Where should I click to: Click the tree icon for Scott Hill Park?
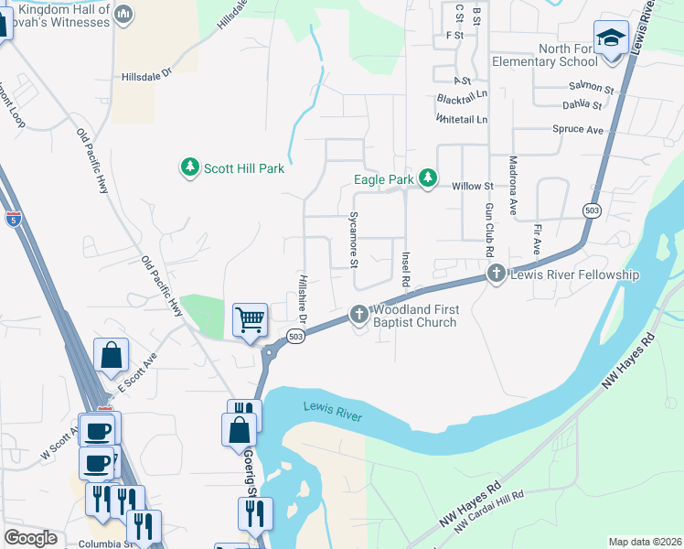[x=189, y=167]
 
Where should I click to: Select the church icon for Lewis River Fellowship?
[x=496, y=273]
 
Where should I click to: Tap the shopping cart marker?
[x=250, y=320]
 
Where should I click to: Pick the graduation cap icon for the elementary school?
[x=610, y=38]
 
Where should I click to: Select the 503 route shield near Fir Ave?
[x=592, y=211]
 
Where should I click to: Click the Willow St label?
[x=473, y=186]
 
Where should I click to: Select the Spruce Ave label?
[x=578, y=129]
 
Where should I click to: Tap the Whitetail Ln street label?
[x=462, y=120]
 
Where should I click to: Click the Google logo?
[x=31, y=538]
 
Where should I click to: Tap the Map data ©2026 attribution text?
[x=644, y=542]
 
